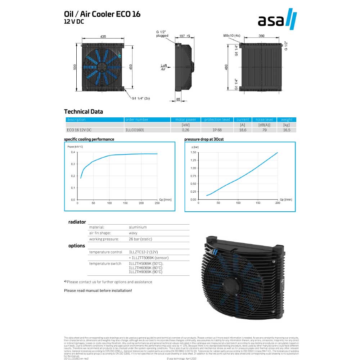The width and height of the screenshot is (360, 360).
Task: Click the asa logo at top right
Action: pos(277,21)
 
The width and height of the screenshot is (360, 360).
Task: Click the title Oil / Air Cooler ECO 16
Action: pos(102,14)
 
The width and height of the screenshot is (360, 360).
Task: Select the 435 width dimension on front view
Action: pos(103,37)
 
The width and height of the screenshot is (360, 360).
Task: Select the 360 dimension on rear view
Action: pos(262,36)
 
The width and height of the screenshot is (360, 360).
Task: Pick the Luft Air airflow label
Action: pos(163,67)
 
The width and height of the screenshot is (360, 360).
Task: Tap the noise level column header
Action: pos(264,120)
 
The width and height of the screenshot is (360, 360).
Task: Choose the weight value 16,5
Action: pos(287,130)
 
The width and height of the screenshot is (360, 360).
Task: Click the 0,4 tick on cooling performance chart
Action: pos(73,152)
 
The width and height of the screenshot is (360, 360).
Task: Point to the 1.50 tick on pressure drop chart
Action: pos(193,152)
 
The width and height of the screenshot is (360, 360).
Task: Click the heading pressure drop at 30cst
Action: pos(204,139)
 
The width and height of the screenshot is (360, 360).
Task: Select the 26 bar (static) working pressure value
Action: pos(141,239)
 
